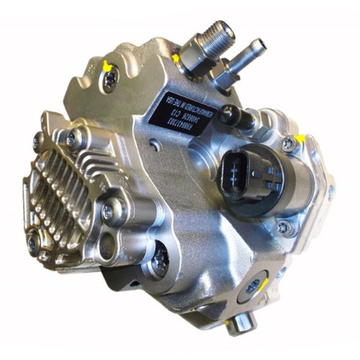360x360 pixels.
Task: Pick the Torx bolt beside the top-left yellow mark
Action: pyautogui.click(x=108, y=81)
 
